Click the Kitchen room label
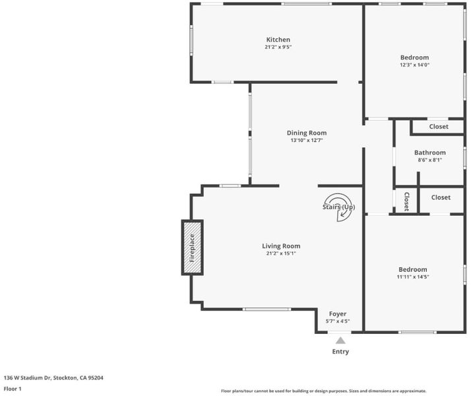click(x=278, y=40)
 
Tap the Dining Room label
click(x=307, y=133)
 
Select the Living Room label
click(x=281, y=246)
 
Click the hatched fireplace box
click(x=192, y=247)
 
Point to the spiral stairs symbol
click(x=339, y=207)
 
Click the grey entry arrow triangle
click(x=340, y=341)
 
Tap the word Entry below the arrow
click(x=340, y=352)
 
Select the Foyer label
click(x=338, y=314)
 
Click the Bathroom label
click(x=430, y=152)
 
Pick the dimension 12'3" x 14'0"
click(x=414, y=65)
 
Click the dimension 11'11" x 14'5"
click(x=413, y=277)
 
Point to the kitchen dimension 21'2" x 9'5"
click(x=278, y=47)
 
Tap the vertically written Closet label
click(x=406, y=201)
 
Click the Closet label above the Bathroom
click(x=439, y=127)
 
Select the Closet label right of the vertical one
click(x=441, y=197)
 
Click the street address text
click(x=53, y=378)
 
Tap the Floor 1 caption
click(x=13, y=389)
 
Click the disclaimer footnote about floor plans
click(x=323, y=391)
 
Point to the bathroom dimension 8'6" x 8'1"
click(x=430, y=160)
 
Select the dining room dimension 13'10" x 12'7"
click(x=307, y=141)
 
